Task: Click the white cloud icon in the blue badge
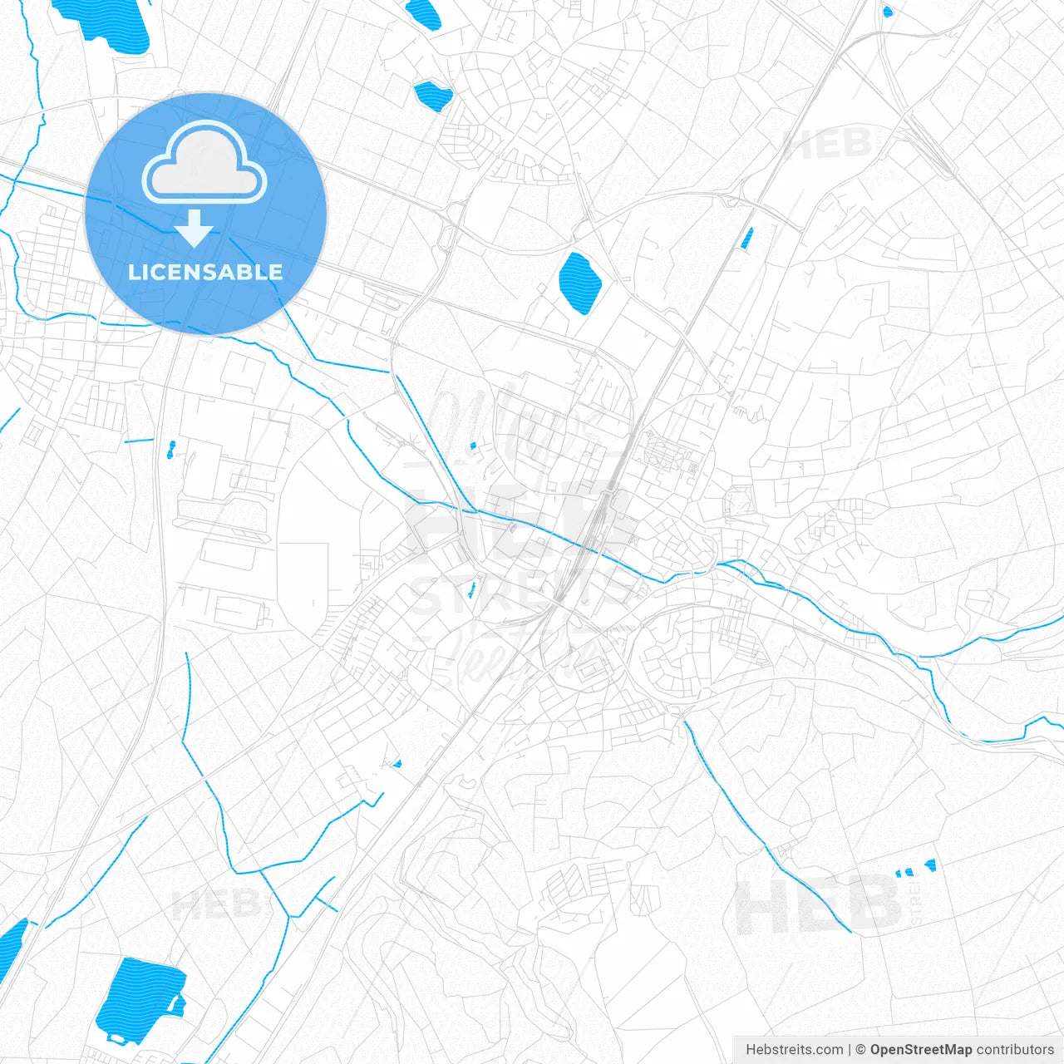coord(204,163)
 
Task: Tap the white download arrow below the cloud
coord(195,229)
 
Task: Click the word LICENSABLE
coord(205,272)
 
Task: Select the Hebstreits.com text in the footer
coord(794,1050)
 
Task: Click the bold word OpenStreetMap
coord(920,1050)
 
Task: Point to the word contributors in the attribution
coord(1015,1050)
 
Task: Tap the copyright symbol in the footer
coord(861,1050)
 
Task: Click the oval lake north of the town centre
coord(579,283)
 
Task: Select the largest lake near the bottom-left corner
coord(137,1002)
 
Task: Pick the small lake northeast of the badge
coord(433,95)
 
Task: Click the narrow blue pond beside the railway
coord(746,238)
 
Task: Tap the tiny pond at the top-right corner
coord(887,12)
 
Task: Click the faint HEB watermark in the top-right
coord(827,145)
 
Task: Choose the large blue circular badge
coord(205,214)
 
